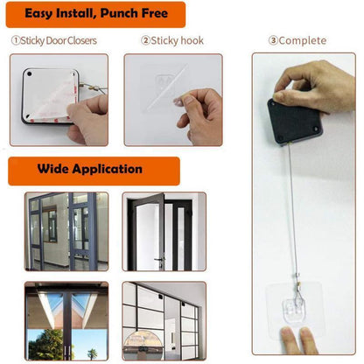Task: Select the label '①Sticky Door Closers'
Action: [x=53, y=40]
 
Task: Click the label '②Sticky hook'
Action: [x=169, y=40]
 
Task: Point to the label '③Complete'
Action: [x=297, y=40]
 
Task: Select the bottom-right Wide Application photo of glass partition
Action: [x=164, y=322]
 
